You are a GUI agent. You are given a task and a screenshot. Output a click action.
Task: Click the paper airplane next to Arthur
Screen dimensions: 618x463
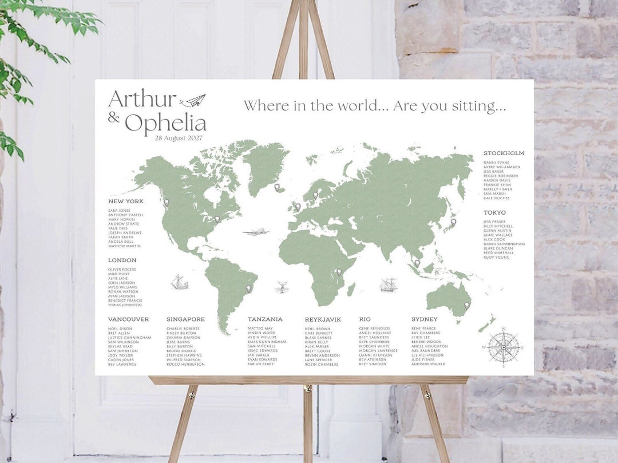coord(193,101)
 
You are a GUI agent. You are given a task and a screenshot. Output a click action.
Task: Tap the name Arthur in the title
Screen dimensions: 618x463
coord(142,99)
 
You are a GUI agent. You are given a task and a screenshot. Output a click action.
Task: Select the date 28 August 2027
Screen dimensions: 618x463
coord(179,138)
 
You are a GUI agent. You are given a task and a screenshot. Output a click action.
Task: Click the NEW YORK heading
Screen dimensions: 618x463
coord(126,201)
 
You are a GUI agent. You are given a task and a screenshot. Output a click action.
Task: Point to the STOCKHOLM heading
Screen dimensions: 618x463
coord(504,153)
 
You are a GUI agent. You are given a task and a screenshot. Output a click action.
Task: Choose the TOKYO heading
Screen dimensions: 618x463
coord(494,213)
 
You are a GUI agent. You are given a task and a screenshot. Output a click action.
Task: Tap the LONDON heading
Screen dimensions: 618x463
coord(122,260)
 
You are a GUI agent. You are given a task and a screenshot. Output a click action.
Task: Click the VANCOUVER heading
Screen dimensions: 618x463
coord(128,319)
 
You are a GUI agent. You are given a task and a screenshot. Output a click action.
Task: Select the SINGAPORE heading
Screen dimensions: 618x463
coord(185,319)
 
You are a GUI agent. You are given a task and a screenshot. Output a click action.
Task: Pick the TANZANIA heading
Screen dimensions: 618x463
coord(265,319)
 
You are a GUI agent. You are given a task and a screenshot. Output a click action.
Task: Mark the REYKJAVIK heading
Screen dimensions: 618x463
coord(323,319)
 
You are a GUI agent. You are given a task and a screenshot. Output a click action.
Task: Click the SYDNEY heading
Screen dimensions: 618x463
coord(424,319)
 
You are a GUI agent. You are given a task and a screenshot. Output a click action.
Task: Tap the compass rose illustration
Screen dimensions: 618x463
coord(503,347)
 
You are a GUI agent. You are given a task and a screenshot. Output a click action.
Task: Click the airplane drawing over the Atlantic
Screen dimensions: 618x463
coord(255,232)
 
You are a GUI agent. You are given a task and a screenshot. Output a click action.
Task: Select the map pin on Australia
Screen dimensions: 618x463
coord(466,306)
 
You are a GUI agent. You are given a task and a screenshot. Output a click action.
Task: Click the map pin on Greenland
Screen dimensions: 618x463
coord(277,187)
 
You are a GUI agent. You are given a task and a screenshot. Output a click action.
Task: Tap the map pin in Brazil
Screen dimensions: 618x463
coord(249,289)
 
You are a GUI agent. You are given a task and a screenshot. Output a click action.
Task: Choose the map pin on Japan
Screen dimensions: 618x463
coord(453,222)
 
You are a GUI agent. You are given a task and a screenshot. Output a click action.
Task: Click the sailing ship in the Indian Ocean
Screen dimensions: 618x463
coord(388,284)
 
